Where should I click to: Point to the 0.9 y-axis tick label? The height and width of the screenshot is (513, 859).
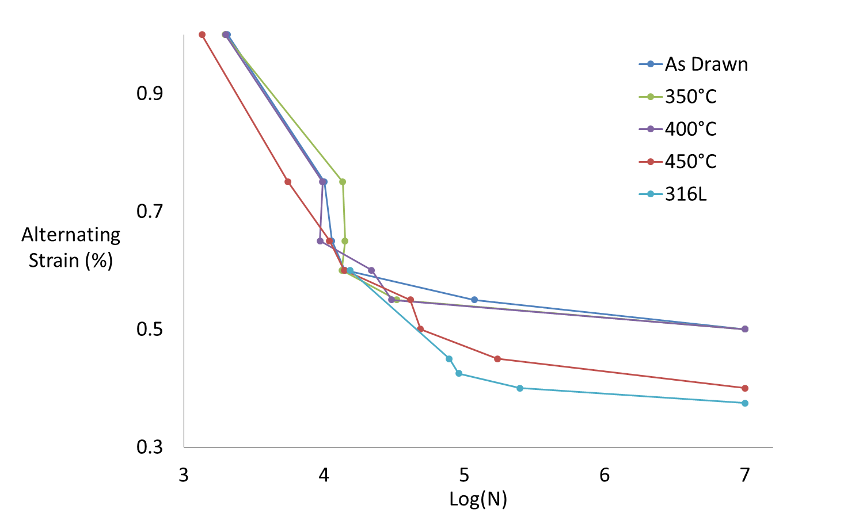click(150, 93)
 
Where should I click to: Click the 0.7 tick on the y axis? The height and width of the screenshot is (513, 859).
click(150, 211)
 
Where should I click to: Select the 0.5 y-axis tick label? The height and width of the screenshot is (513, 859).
click(150, 329)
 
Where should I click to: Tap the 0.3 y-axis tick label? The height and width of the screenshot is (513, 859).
click(150, 447)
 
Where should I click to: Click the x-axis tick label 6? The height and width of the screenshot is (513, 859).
click(605, 475)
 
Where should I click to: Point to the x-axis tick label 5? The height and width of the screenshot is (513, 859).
click(464, 475)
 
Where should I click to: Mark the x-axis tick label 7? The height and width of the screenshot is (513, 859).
click(745, 475)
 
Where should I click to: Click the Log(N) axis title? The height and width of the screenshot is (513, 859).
click(478, 499)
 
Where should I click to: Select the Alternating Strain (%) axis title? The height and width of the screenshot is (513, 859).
click(71, 247)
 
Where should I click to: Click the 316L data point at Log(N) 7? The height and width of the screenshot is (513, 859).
click(745, 403)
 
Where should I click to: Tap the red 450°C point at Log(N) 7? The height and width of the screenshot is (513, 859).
click(745, 388)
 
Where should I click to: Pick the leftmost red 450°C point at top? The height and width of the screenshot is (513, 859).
click(202, 35)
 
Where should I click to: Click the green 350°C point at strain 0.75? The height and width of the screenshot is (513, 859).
click(343, 182)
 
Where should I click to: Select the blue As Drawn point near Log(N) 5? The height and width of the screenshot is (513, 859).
click(474, 300)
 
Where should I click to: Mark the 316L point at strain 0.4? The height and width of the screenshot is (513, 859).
click(520, 388)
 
